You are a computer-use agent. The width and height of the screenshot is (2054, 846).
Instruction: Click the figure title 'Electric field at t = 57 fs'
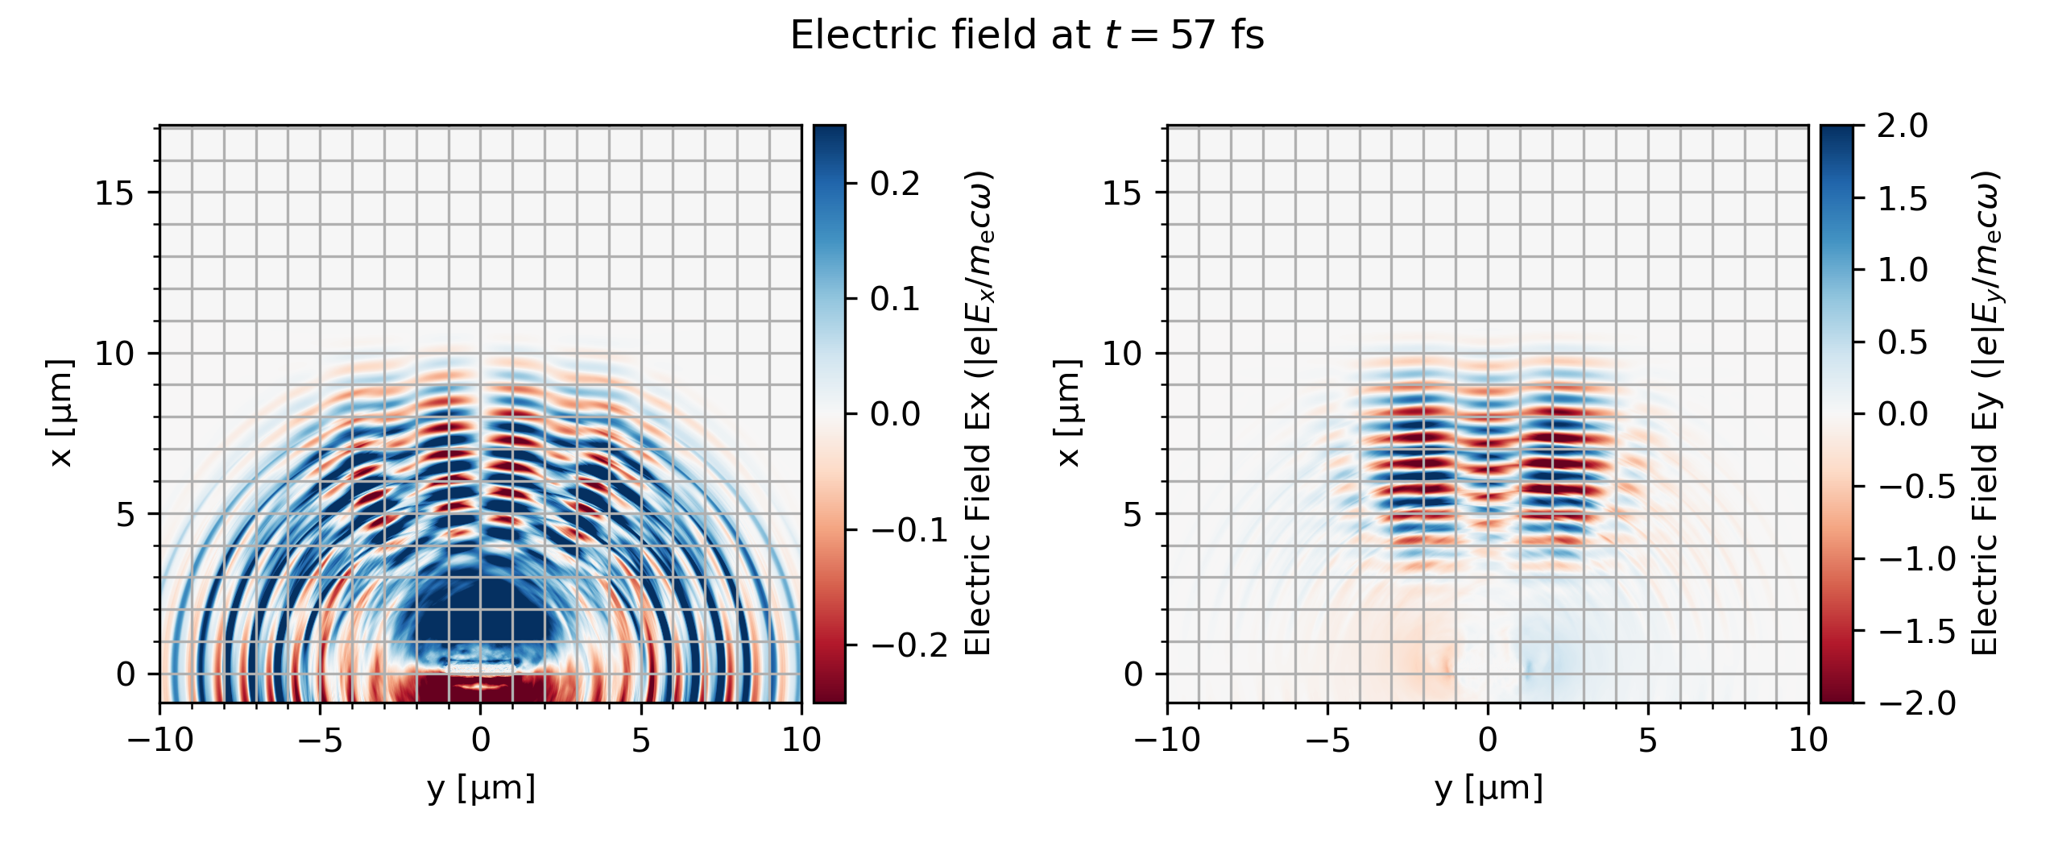(x=1027, y=35)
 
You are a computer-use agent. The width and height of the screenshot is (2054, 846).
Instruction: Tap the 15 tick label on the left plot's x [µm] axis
(x=114, y=193)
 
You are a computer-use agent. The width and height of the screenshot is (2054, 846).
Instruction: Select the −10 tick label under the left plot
(x=160, y=740)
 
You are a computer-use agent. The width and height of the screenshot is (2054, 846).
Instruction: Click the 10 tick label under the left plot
(x=801, y=740)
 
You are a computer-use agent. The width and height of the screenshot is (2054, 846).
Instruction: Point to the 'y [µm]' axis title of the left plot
(x=481, y=788)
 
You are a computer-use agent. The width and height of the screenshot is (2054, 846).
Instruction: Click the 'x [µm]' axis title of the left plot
(x=61, y=413)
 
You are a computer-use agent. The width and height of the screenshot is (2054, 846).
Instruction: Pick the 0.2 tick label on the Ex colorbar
(x=895, y=184)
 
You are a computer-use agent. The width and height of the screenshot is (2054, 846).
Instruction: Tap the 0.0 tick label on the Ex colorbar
(x=895, y=414)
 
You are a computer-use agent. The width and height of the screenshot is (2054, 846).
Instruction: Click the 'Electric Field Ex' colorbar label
(x=978, y=413)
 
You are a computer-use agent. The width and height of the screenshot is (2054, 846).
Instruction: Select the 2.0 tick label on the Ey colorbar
(x=1903, y=126)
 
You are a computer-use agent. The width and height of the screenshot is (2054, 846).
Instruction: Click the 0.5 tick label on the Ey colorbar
(x=1903, y=342)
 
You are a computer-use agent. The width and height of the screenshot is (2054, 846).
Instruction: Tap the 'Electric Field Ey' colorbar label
(x=1986, y=413)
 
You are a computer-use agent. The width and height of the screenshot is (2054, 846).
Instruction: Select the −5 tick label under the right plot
(x=1327, y=740)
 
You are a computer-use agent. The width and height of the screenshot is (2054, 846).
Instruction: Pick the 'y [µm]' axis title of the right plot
(x=1489, y=788)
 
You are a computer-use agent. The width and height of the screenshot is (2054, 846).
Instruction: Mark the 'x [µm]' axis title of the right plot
(x=1068, y=413)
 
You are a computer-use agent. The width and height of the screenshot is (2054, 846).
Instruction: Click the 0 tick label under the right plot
(x=1488, y=740)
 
